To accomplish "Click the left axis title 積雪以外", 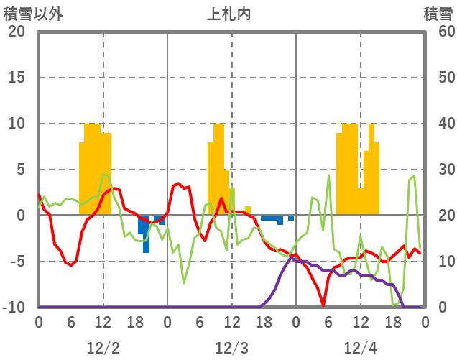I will (x=32, y=13).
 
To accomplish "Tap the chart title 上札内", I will (x=228, y=13).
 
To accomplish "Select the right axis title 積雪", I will (x=438, y=13).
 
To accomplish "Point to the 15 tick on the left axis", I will (x=17, y=78).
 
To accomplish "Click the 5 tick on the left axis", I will (x=20, y=170).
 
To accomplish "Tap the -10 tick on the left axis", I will (x=15, y=308).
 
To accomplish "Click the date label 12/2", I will (x=103, y=348).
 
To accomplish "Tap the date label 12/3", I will (x=231, y=348).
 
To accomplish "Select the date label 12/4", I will (x=360, y=348).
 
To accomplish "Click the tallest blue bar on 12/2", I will (x=146, y=234).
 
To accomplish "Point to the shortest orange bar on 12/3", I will (x=248, y=211).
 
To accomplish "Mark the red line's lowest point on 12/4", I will (x=323, y=305).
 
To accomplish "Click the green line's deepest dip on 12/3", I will (x=184, y=283).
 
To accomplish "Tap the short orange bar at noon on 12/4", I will (x=361, y=201).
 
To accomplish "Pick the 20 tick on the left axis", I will (x=17, y=32).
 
